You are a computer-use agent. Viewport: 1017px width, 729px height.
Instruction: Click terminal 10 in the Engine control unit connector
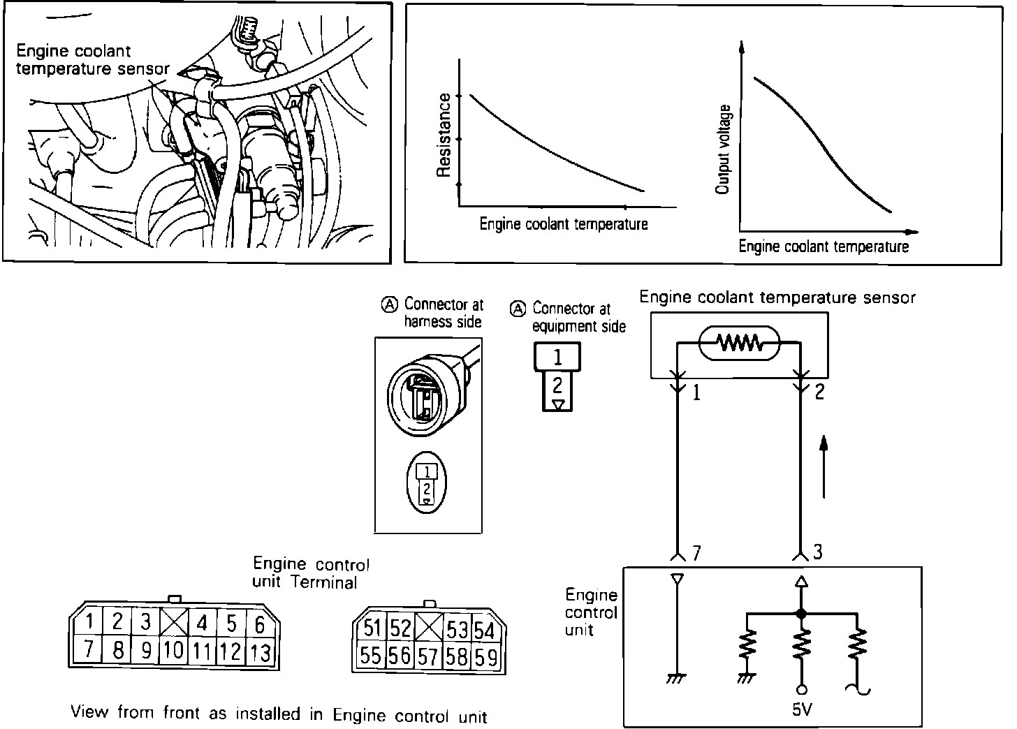(x=174, y=651)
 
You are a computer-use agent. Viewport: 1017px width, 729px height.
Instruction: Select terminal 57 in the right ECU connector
(x=429, y=656)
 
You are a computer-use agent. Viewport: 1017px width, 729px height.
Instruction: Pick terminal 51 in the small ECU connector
(x=372, y=628)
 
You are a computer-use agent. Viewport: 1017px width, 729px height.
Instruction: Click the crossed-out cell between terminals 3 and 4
(x=173, y=621)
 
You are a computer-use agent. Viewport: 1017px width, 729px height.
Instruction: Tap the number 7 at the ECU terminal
(x=696, y=553)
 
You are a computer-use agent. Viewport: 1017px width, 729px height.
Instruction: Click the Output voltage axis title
(x=724, y=149)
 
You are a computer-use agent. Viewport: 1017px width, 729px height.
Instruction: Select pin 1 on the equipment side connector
(x=557, y=357)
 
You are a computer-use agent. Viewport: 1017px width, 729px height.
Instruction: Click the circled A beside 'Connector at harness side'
(x=389, y=304)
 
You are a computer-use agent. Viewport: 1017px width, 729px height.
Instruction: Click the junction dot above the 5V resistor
(x=801, y=614)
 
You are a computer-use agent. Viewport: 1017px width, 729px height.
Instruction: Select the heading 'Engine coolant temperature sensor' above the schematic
(x=777, y=297)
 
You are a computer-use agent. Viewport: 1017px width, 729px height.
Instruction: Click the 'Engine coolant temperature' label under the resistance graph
(x=564, y=224)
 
